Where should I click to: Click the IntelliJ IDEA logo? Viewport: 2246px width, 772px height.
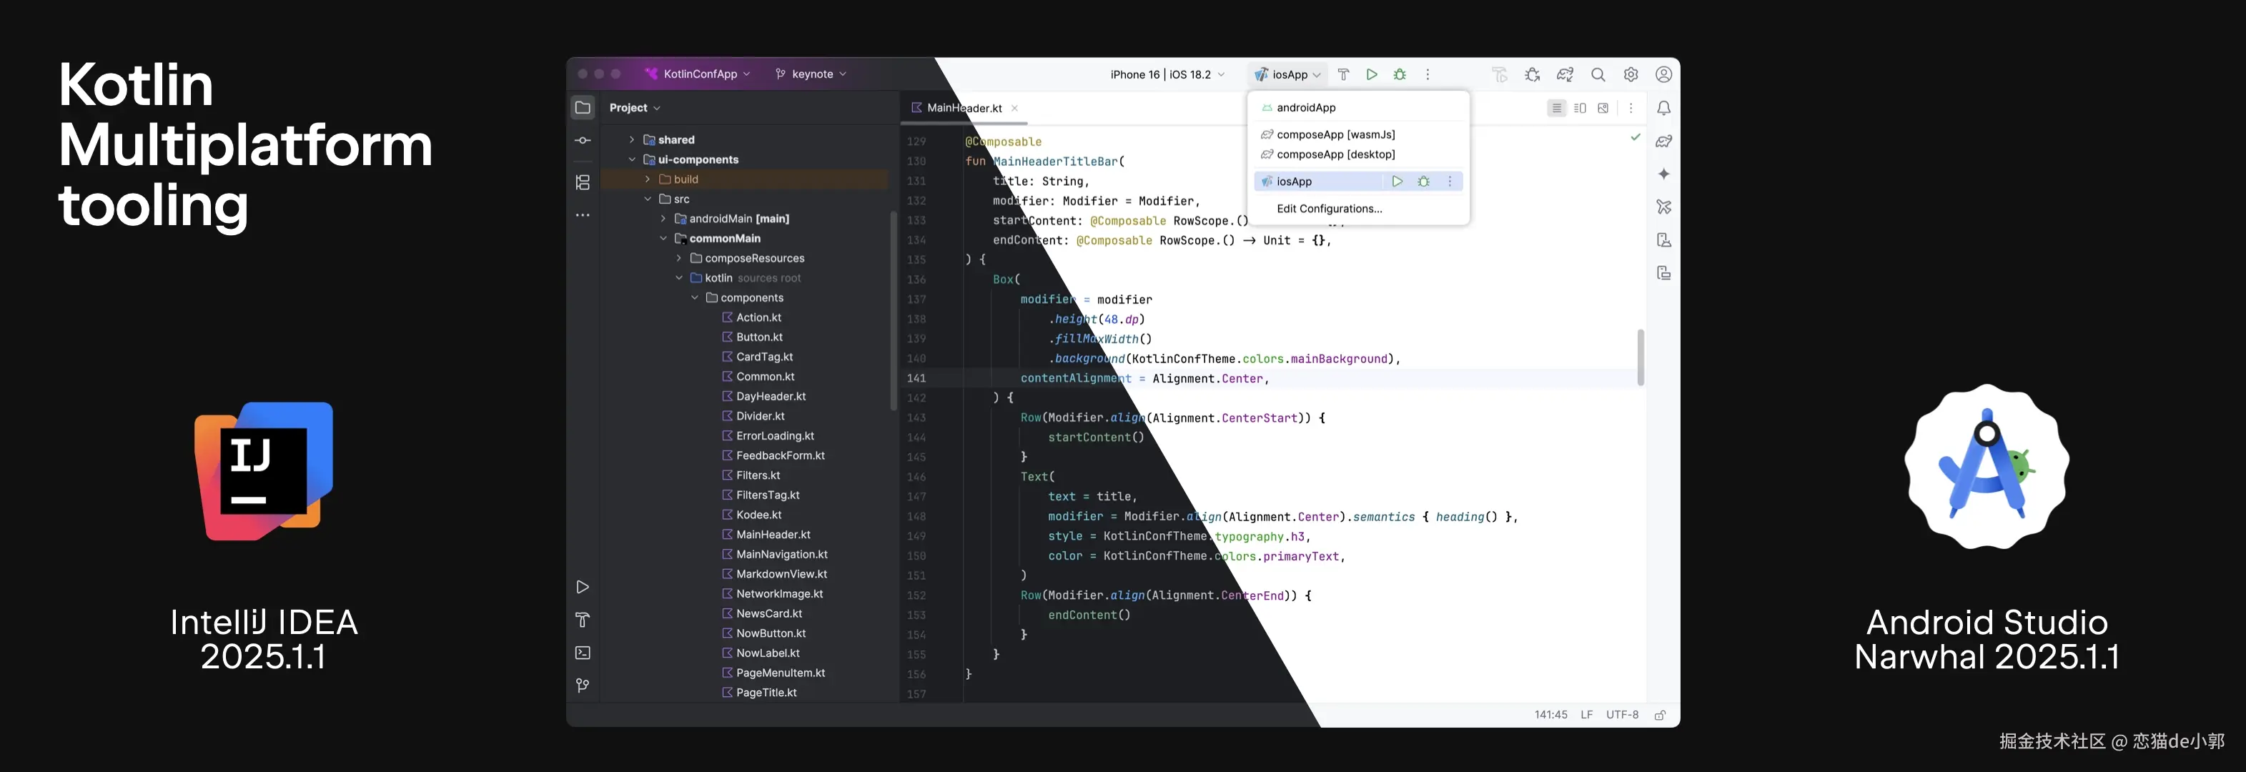263,471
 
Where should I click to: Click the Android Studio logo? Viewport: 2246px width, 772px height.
1987,467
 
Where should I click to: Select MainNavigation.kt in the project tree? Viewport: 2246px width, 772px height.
781,554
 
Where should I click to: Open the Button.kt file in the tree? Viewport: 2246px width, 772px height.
758,337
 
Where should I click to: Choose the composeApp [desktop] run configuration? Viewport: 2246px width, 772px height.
1335,154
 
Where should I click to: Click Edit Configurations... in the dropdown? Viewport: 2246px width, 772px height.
1329,209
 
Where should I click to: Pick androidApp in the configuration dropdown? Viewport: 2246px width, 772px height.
1305,107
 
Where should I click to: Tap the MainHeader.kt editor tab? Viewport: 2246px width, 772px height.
964,108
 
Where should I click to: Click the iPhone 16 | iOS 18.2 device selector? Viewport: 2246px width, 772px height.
1167,74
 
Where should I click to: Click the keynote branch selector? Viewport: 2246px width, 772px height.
811,74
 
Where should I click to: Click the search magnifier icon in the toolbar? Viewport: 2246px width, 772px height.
1598,75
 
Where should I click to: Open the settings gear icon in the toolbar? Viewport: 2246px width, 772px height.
1631,75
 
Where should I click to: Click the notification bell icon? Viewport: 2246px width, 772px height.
1663,108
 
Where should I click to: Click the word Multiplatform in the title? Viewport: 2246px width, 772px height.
245,147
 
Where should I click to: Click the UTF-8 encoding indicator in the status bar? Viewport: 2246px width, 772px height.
1622,714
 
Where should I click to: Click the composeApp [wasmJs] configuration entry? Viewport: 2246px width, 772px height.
1335,134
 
